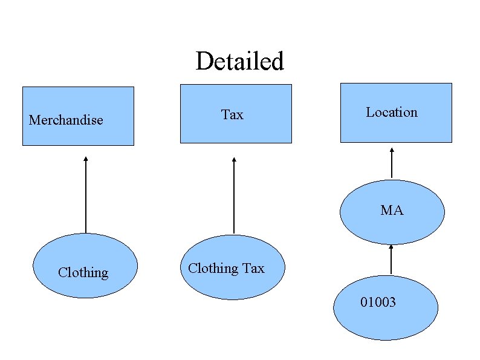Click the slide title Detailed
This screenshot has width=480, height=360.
pyautogui.click(x=239, y=61)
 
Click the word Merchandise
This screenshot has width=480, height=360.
pyautogui.click(x=66, y=120)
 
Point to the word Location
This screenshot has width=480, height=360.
pyautogui.click(x=392, y=112)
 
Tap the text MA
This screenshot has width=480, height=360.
pyautogui.click(x=392, y=211)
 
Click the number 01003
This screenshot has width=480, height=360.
pyautogui.click(x=378, y=302)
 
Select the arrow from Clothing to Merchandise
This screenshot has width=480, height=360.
pyautogui.click(x=86, y=197)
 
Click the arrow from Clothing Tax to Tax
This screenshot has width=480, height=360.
pyautogui.click(x=234, y=197)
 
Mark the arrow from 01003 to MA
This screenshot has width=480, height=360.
pyautogui.click(x=391, y=260)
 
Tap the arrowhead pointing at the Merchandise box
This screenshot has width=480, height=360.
pyautogui.click(x=86, y=159)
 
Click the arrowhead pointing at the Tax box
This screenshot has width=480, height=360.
pyautogui.click(x=234, y=160)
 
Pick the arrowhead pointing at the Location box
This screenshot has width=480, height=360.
pyautogui.click(x=392, y=150)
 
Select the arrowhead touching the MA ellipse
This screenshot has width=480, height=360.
pyautogui.click(x=391, y=246)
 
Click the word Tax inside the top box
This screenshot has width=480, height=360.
pyautogui.click(x=232, y=114)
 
